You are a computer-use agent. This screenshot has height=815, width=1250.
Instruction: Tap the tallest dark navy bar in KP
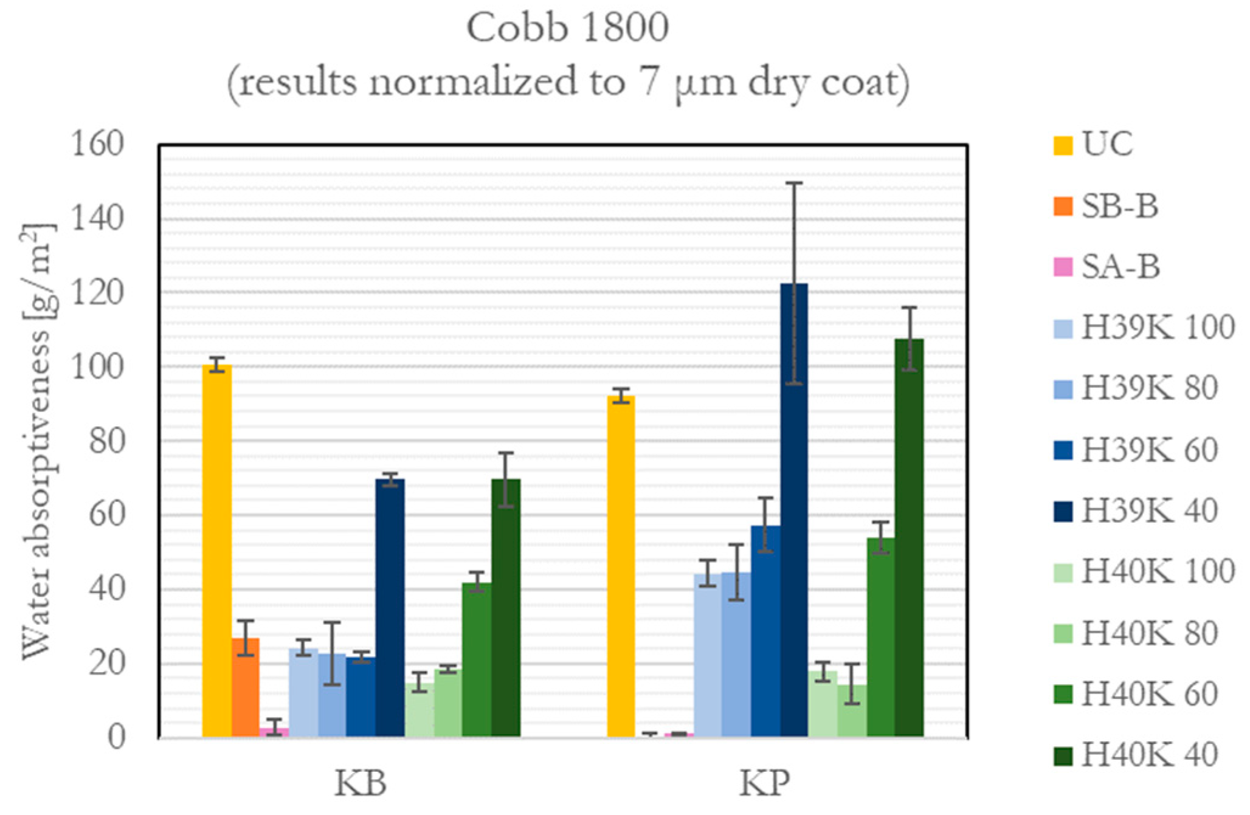pos(793,511)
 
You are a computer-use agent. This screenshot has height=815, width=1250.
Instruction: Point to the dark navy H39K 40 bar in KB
pos(390,608)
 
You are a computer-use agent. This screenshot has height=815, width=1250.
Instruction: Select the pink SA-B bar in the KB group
pos(274,732)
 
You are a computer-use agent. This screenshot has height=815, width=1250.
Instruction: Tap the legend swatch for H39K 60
pos(1063,450)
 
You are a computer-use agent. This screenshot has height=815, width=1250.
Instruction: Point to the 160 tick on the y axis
pos(97,145)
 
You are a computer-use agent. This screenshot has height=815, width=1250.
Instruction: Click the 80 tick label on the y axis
pos(106,441)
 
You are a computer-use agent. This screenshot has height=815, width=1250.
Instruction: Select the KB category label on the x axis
pos(361,784)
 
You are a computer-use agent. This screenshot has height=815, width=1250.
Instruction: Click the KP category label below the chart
pos(765,784)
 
